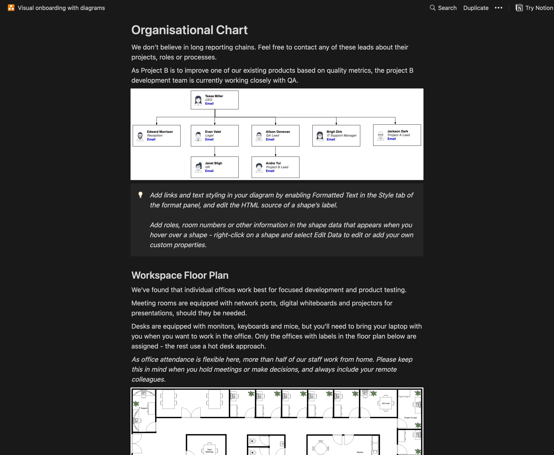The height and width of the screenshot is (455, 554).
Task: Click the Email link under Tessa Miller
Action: click(209, 104)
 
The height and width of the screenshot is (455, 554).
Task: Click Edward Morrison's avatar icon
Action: click(140, 136)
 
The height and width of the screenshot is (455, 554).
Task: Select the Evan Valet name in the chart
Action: click(213, 132)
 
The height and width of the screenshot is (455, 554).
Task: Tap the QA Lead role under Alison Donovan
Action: click(272, 136)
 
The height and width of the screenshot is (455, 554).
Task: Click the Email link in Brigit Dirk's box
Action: click(331, 139)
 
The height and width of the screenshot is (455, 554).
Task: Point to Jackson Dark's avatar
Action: click(380, 136)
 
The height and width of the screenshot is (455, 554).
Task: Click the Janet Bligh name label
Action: click(213, 163)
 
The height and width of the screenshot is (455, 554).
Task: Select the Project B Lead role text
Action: click(277, 167)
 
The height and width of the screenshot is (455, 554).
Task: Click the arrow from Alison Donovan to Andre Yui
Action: click(276, 151)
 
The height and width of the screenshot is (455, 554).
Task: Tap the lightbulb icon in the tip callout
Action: click(140, 195)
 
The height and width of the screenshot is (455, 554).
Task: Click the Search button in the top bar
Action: click(443, 8)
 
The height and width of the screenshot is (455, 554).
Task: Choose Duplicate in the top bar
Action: click(476, 8)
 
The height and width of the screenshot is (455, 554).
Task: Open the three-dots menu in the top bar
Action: click(498, 8)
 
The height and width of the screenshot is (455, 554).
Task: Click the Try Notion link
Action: click(534, 8)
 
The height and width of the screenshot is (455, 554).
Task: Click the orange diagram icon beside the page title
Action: click(11, 8)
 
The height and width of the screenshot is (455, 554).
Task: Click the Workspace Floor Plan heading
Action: click(180, 275)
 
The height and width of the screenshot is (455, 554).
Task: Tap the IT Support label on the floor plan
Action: click(143, 408)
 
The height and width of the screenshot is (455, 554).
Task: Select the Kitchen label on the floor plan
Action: click(360, 452)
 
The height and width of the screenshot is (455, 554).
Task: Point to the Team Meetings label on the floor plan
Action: click(209, 450)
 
